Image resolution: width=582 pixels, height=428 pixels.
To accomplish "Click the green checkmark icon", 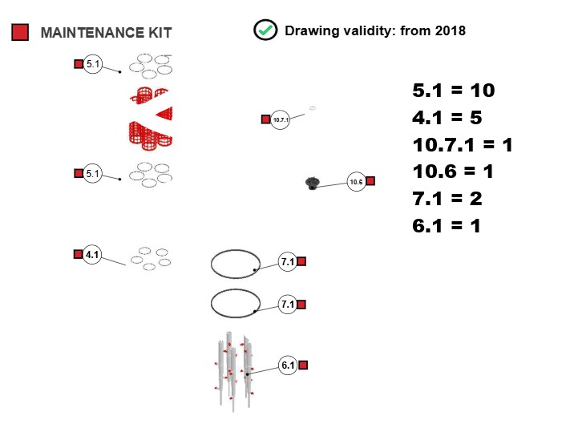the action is (265, 30).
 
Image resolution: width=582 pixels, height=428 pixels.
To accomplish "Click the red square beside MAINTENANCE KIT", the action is (20, 32).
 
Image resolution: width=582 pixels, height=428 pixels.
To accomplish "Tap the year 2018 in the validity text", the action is (451, 30).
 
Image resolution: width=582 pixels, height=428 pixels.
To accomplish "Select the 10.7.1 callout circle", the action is (281, 119).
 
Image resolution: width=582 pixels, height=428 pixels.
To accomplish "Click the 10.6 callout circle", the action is (356, 182).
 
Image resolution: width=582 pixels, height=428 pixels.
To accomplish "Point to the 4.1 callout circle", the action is (92, 254).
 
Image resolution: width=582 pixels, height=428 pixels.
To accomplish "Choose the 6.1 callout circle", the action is (288, 365).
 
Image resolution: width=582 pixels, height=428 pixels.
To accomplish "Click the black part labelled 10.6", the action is (312, 183).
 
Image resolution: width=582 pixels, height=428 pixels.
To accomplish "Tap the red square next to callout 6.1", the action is (303, 365).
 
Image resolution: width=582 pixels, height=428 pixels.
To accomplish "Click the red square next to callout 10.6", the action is (370, 181).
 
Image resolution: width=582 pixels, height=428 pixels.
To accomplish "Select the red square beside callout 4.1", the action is (78, 254).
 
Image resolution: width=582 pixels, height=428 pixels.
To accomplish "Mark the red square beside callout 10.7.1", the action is (266, 119).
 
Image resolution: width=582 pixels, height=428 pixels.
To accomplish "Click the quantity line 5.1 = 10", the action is (454, 91).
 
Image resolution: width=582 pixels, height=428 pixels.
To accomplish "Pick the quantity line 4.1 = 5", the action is (447, 118).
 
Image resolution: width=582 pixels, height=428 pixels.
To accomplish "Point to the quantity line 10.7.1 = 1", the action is (463, 145).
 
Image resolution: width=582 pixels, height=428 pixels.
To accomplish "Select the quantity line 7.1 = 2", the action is (447, 199).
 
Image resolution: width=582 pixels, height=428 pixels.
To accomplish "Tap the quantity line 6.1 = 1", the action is (447, 226).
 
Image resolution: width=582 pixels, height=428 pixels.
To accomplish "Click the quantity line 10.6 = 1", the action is (453, 172).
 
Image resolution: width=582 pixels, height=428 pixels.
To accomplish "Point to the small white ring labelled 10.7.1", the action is (313, 108).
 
